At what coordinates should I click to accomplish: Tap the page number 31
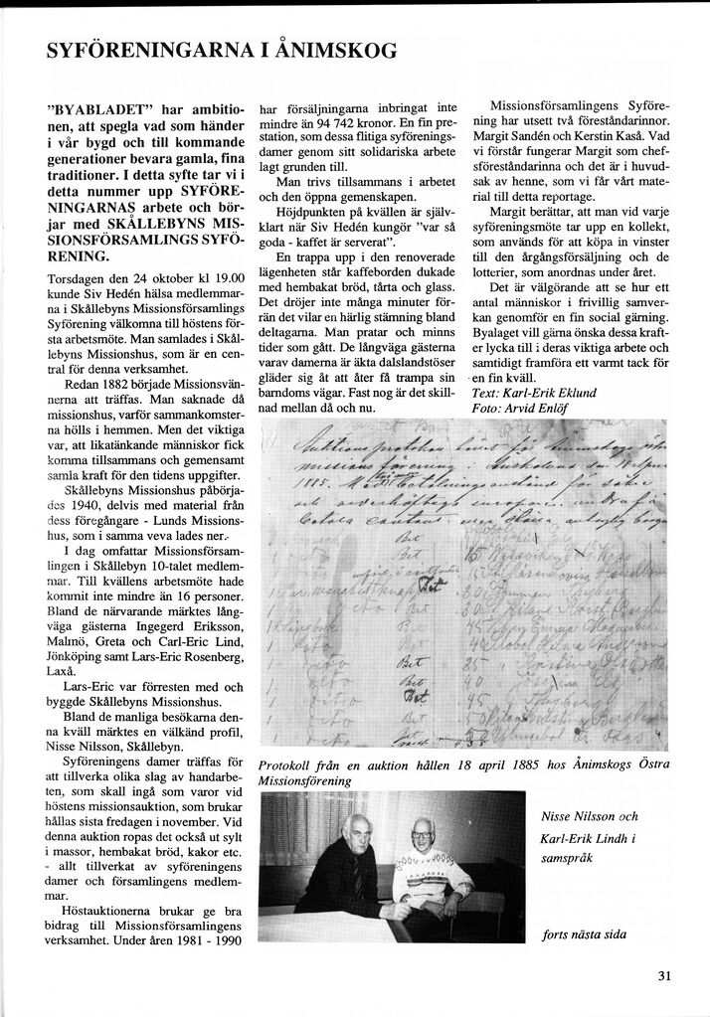coord(665,975)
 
